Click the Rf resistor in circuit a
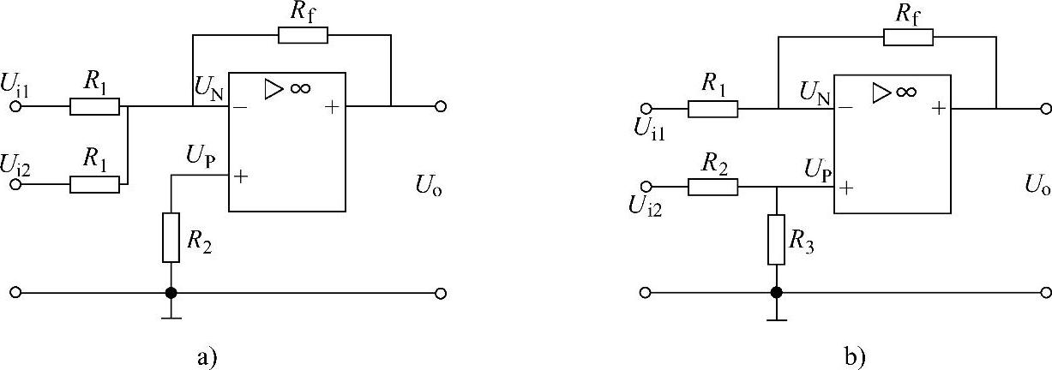tap(303, 35)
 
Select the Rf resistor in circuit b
tap(909, 38)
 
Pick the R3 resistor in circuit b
tap(776, 239)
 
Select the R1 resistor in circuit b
tap(712, 109)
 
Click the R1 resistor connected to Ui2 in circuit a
tap(94, 184)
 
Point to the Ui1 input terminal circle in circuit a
tap(15, 107)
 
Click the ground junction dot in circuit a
tap(171, 293)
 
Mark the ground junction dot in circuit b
tap(776, 293)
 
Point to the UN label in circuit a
tap(207, 88)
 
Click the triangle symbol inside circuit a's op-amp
tap(273, 90)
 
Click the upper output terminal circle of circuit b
tap(1043, 109)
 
